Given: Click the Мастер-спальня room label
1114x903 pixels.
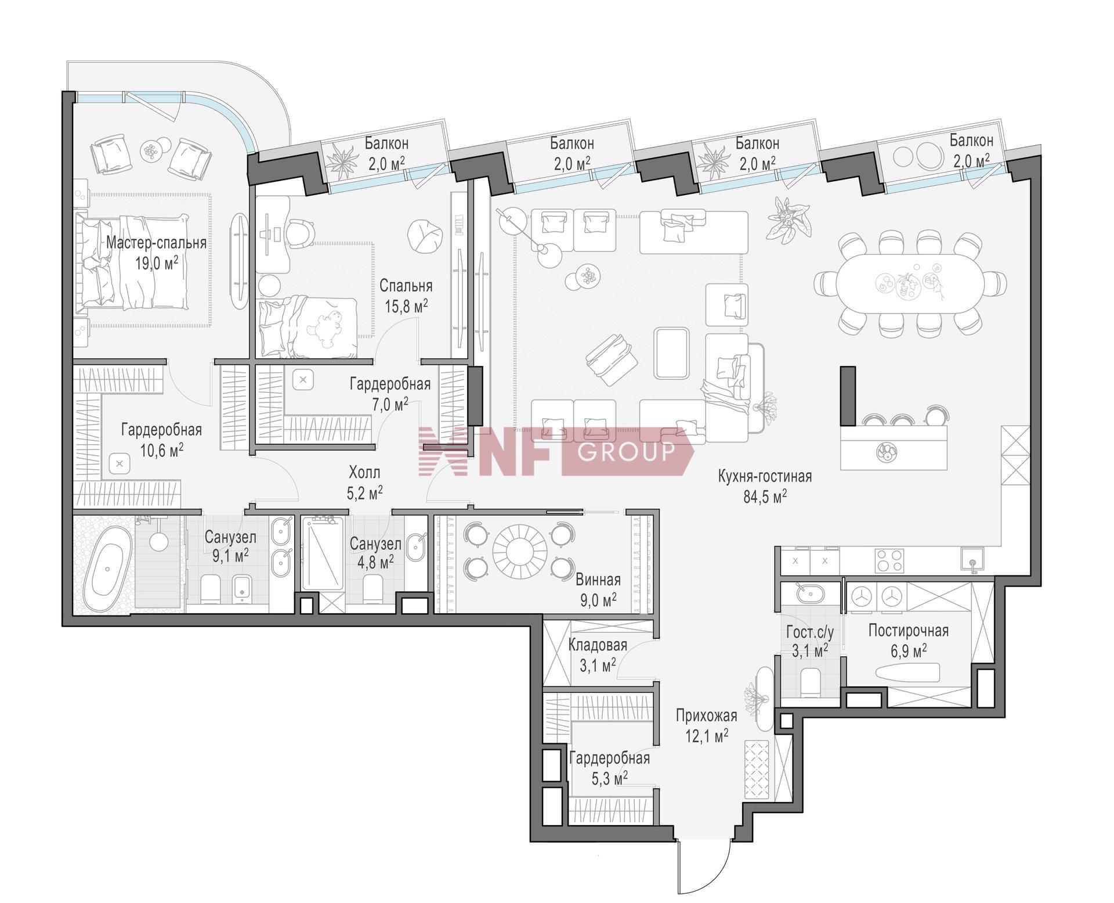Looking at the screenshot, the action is [x=156, y=242].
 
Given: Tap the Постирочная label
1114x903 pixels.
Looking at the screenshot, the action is [x=909, y=631].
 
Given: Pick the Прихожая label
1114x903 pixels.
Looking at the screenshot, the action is [x=706, y=715].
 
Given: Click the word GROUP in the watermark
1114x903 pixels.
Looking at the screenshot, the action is [x=627, y=451].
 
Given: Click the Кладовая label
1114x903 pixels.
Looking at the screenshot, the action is [x=598, y=645].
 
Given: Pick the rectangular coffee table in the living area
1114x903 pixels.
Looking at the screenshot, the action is [x=671, y=352].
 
